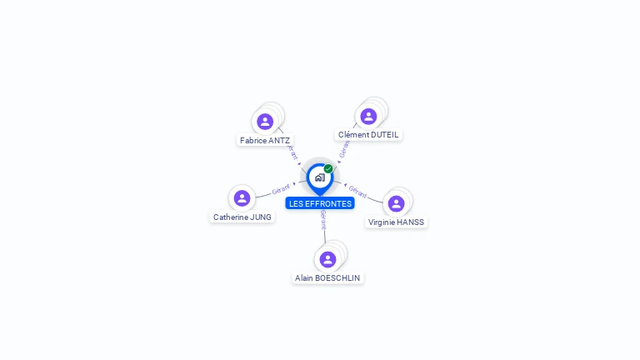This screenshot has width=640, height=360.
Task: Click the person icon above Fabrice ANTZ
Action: pos(265,122)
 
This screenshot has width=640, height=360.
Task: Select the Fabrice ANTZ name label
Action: pos(265,141)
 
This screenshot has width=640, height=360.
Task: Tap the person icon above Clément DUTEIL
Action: pos(368,117)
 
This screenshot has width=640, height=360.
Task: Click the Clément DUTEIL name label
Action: pos(368,135)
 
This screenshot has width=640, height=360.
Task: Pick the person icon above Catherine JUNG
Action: pos(242,198)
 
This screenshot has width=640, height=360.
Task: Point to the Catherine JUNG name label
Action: pos(242,217)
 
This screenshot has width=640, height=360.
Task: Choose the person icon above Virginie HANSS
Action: pos(396,203)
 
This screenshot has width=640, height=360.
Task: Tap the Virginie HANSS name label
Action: pos(397,222)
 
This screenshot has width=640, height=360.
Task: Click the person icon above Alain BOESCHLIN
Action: pos(327,259)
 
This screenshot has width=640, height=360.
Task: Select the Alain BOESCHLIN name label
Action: pos(328,277)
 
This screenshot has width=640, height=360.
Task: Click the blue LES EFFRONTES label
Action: pos(320,203)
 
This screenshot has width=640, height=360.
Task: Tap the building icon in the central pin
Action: pos(319,177)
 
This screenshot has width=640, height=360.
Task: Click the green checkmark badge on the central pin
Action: pos(328,169)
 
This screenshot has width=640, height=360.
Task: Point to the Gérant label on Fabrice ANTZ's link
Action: pos(291,152)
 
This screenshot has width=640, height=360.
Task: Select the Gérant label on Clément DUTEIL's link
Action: pos(344,147)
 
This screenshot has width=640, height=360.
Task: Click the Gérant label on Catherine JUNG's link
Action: pos(282,190)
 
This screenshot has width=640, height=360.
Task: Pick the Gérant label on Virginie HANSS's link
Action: pos(357,192)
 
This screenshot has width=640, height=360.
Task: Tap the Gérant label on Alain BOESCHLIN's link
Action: pos(323,220)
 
